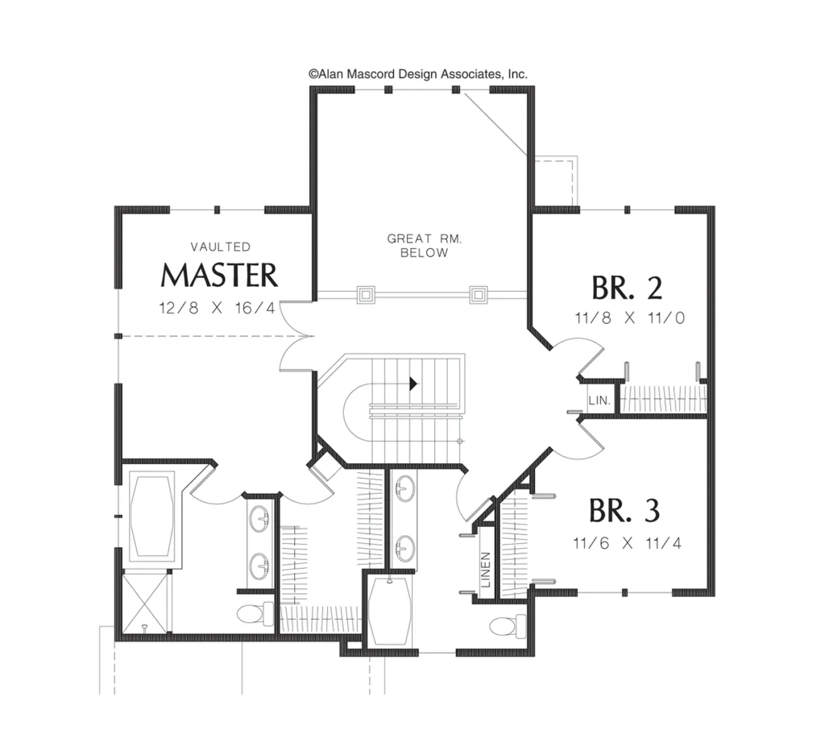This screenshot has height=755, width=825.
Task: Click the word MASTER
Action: [219, 275]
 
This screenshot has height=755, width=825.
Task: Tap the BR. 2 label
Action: [627, 288]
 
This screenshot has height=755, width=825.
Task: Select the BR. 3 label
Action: [624, 510]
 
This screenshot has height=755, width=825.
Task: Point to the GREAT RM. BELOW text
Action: [425, 246]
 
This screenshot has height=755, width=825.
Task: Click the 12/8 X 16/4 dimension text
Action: [218, 308]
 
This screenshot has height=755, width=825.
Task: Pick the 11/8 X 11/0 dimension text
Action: [630, 317]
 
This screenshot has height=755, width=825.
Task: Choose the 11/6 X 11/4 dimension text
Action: [627, 542]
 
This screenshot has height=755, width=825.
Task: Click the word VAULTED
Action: [221, 247]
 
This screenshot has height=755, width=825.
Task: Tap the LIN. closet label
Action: [599, 400]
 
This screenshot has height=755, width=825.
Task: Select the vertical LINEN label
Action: [486, 570]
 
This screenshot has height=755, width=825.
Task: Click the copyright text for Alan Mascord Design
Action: [418, 74]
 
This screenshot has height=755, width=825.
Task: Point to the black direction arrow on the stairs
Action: [413, 384]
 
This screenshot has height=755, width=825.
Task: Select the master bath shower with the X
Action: [147, 602]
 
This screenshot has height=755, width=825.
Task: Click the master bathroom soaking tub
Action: [152, 515]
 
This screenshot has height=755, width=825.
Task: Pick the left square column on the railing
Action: [366, 295]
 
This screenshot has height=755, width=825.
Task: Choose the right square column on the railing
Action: [479, 295]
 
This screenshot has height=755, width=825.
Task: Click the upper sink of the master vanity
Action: [259, 519]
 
